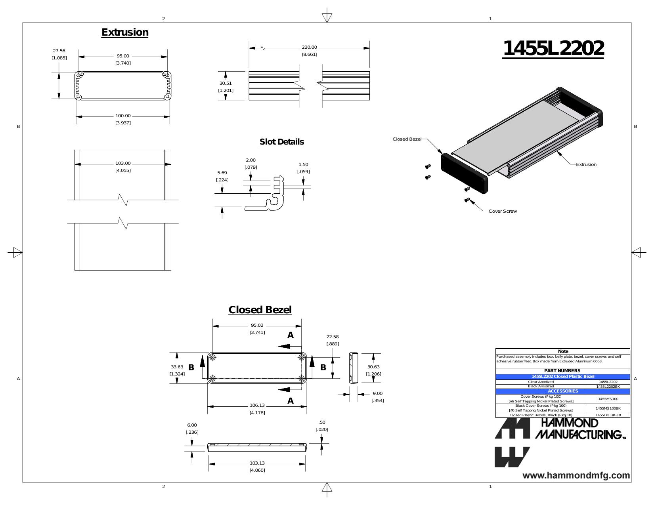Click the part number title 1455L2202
[x=553, y=48]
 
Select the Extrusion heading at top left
[x=125, y=32]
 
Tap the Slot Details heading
[x=282, y=142]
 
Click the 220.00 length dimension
[x=310, y=47]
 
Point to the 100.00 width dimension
[x=123, y=116]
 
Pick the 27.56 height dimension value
[x=59, y=51]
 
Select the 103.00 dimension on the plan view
[x=123, y=163]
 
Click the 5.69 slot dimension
[x=222, y=173]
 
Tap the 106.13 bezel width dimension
[x=257, y=406]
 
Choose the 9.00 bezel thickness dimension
[x=377, y=393]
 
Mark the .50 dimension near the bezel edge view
[x=322, y=422]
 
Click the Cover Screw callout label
[x=503, y=211]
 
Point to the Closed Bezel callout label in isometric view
[x=407, y=139]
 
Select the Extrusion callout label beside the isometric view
[x=586, y=164]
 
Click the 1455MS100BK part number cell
[x=608, y=408]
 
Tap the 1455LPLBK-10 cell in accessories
[x=608, y=415]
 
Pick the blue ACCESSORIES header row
[x=562, y=391]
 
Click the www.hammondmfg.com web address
[x=576, y=476]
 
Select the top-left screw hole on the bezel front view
[x=212, y=358]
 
